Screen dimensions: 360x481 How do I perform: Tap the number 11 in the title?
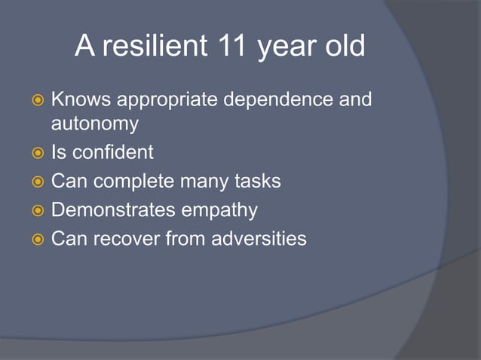click(229, 47)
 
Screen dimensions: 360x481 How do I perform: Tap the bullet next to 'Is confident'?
click(36, 153)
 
